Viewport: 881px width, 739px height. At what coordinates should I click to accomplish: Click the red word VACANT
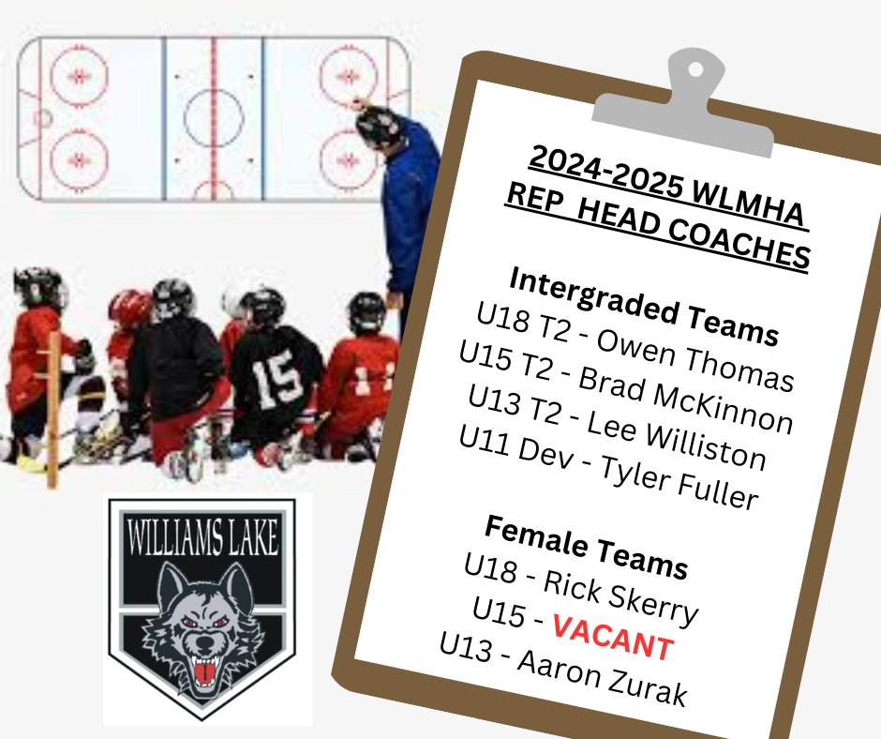[613, 637]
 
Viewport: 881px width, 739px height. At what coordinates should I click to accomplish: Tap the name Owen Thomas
[695, 360]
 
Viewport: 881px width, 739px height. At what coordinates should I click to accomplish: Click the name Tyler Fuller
[679, 483]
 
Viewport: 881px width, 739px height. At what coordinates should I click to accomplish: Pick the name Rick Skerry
[620, 598]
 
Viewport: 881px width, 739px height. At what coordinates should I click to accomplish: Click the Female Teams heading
[586, 547]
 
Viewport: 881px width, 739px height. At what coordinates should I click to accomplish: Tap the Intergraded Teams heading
[644, 307]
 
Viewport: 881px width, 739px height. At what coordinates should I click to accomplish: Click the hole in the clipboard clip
[695, 69]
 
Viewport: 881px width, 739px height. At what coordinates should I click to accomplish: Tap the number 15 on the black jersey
[276, 378]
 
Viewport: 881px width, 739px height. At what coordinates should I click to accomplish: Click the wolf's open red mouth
[204, 671]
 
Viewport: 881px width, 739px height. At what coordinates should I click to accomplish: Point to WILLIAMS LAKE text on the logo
[202, 536]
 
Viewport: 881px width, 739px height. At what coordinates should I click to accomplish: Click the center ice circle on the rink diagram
[214, 117]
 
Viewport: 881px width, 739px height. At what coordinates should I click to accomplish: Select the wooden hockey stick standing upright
[52, 410]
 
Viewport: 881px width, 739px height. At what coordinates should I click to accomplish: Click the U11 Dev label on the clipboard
[515, 446]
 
